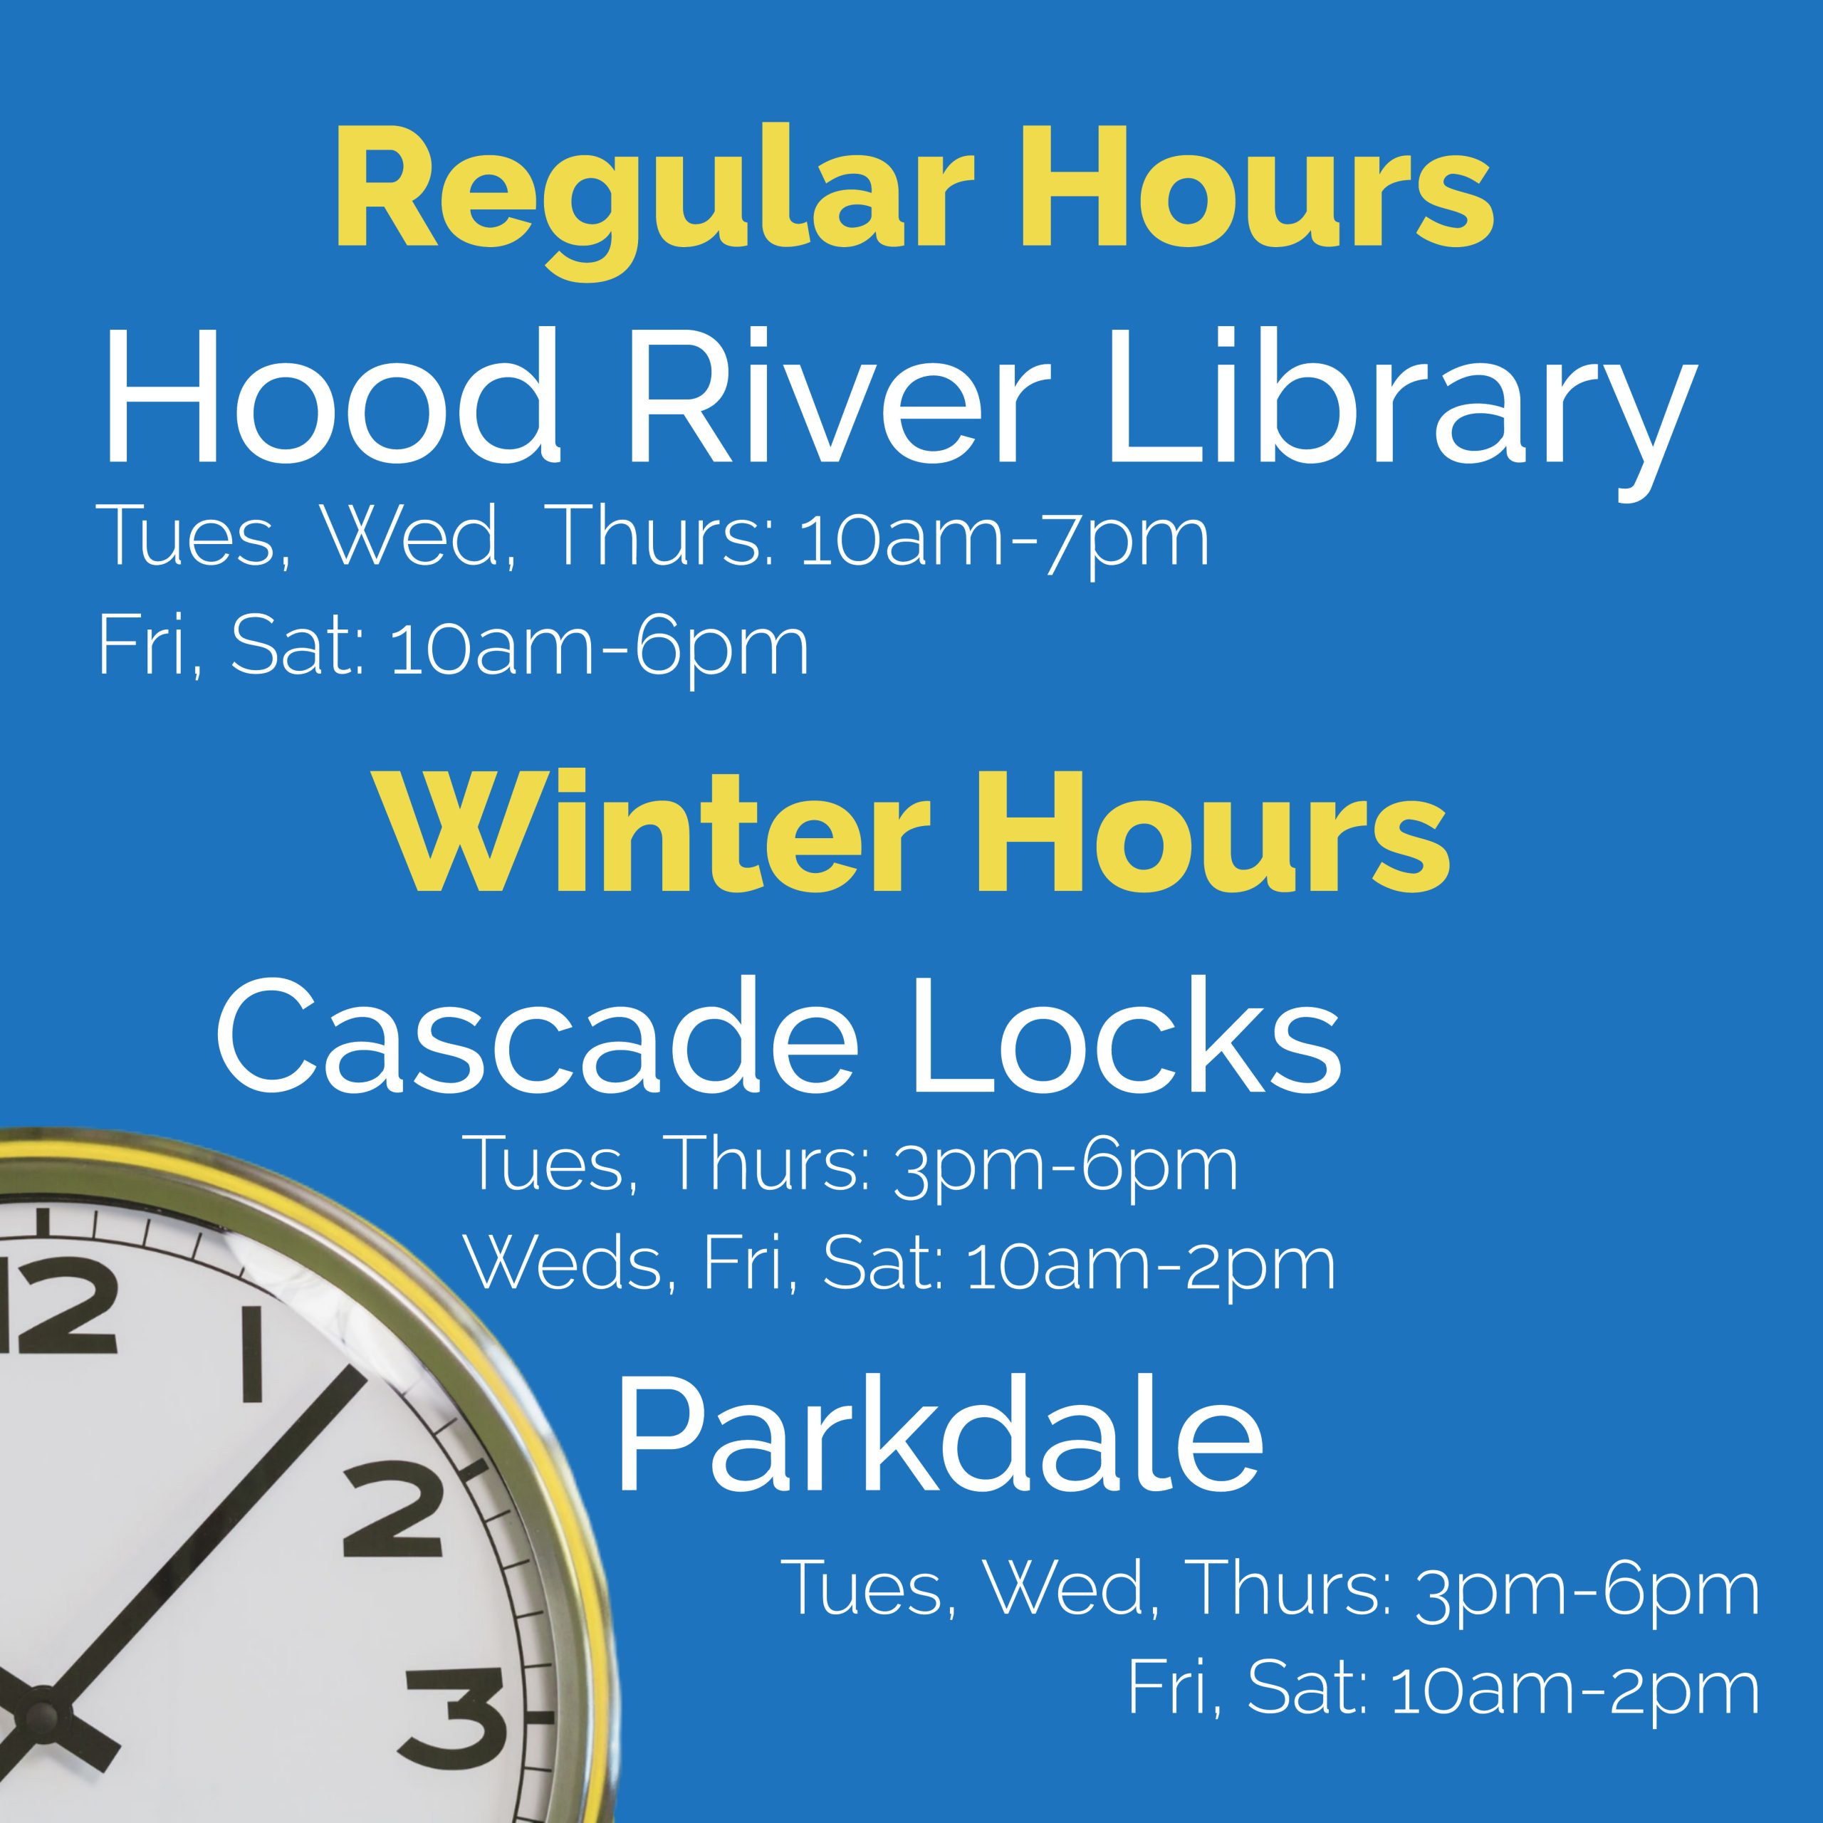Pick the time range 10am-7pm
1004,540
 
